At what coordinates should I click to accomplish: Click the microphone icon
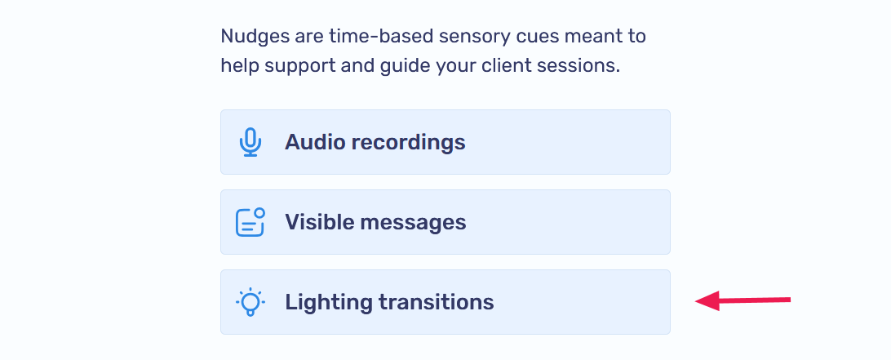tap(250, 142)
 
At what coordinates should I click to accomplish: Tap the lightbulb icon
tap(250, 302)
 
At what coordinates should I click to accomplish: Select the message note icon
tap(250, 222)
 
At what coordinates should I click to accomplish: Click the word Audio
tap(314, 142)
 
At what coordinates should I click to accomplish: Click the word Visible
tap(319, 222)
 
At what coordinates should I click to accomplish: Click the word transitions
tap(437, 302)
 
